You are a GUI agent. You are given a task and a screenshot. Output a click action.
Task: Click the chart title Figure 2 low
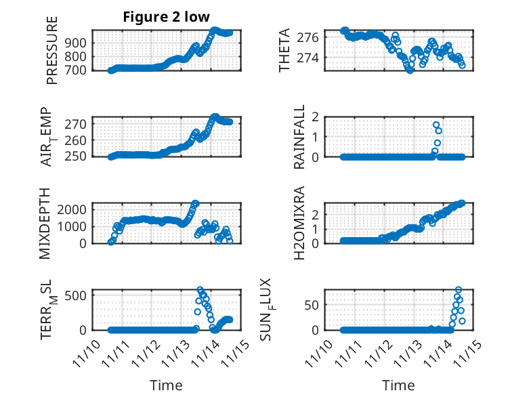click(165, 17)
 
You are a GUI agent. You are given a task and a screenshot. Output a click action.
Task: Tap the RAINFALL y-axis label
click(298, 137)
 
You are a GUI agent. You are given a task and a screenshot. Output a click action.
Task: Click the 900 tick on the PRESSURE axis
click(78, 43)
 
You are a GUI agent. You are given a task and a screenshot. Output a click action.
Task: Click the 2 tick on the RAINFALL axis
click(316, 117)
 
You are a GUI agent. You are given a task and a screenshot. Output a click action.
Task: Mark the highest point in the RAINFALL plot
click(436, 125)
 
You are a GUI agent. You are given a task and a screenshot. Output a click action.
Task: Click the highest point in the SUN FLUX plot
click(459, 290)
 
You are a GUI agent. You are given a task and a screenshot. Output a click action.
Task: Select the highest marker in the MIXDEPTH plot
click(195, 203)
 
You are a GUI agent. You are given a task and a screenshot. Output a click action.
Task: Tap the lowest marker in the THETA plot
click(410, 70)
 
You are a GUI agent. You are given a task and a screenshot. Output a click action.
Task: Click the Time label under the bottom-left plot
click(166, 385)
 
